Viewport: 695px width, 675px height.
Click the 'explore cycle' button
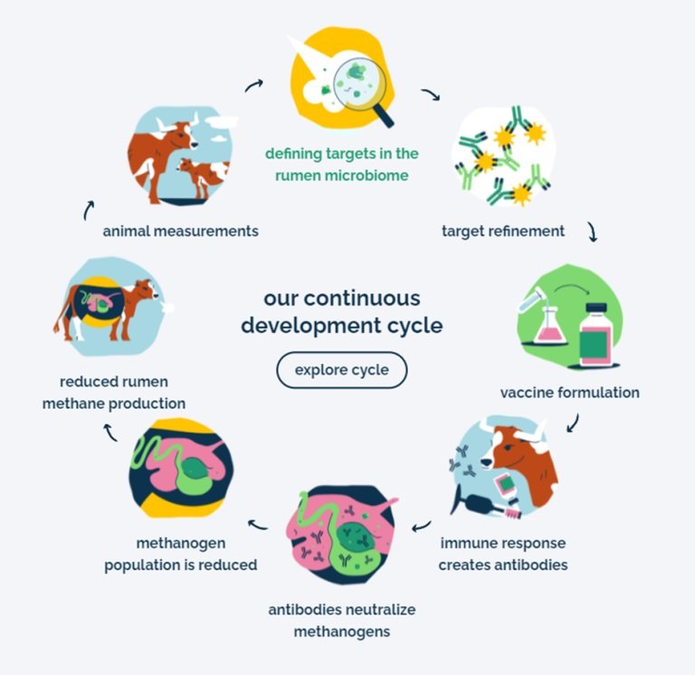342,370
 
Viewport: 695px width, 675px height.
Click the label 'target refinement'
503,231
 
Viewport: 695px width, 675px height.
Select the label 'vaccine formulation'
569,392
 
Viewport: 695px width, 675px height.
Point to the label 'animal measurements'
181,231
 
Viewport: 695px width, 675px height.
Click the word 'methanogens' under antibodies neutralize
342,632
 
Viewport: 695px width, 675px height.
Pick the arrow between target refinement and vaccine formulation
593,232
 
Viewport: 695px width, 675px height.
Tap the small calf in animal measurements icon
203,176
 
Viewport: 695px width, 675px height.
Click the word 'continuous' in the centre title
362,298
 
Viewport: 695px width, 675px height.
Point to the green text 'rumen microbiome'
342,176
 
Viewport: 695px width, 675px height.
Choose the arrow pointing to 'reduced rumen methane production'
109,433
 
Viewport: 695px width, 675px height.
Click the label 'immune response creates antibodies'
503,554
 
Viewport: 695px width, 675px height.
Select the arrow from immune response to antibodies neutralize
421,527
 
